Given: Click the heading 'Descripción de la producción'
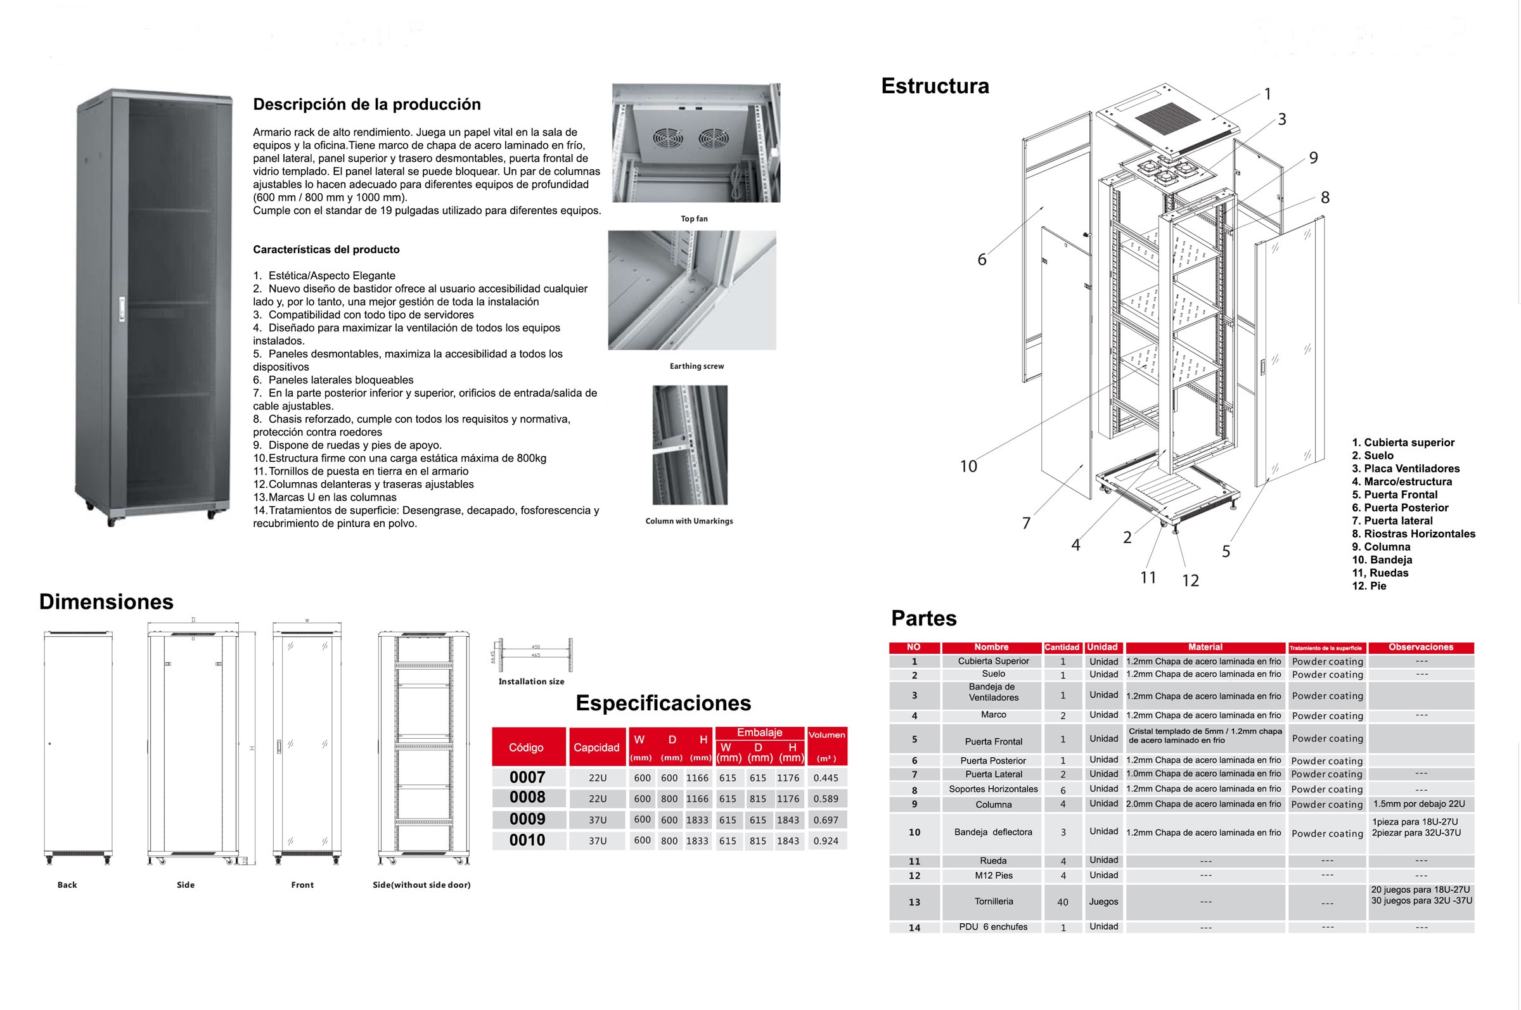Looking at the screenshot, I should pos(366,105).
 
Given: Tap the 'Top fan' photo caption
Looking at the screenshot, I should pos(694,219).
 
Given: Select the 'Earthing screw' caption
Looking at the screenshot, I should pos(696,366).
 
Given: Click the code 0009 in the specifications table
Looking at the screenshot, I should pos(527,819).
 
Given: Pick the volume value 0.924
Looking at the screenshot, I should pos(826,841).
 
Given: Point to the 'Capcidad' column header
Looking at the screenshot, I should pos(596,747).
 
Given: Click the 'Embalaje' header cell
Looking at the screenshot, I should pos(759,732).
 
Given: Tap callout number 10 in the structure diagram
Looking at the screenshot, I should pos(968,466).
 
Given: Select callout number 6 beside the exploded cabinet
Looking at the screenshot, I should pos(982,260).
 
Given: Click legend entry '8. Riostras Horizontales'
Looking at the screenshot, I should pos(1413,534).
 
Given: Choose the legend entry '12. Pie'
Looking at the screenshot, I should pos(1369,586).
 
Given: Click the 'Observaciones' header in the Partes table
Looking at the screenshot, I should pos(1420,648).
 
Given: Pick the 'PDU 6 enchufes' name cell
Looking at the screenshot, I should pos(992,927).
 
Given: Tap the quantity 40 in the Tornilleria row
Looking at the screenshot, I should pos(1062,902).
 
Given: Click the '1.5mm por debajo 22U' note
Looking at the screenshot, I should pos(1418,804).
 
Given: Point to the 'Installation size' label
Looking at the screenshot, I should pos(531,682).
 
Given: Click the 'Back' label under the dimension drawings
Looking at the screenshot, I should pos(67,885).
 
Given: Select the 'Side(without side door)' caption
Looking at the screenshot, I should pos(421,885).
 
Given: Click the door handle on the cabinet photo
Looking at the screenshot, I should pos(120,309).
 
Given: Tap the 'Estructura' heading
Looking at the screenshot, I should pos(935,86).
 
